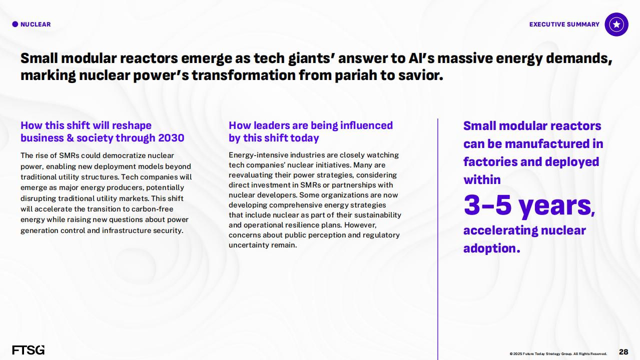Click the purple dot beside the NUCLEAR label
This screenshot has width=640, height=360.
click(15, 24)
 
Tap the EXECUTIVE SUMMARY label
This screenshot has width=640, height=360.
click(564, 24)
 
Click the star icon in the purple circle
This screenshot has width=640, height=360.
click(616, 24)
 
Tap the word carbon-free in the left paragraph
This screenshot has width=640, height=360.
click(152, 209)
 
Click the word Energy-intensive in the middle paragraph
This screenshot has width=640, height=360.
click(258, 155)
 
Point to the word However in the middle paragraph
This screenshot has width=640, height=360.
click(360, 225)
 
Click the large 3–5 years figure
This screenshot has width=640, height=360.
click(529, 205)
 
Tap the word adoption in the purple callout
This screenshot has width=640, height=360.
click(491, 248)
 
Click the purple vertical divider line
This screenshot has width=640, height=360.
click(438, 239)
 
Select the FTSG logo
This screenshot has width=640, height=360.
click(29, 350)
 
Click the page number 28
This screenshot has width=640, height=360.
click(623, 352)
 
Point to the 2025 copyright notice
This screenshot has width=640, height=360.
click(558, 353)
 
